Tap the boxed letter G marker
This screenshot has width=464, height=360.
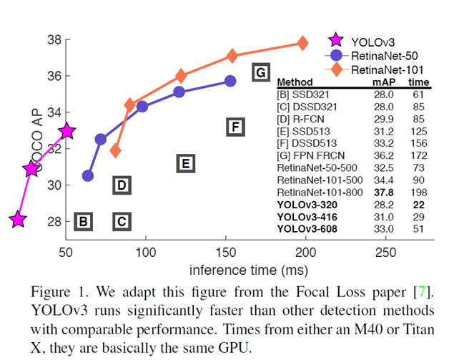(x=261, y=72)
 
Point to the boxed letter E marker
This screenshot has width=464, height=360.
(x=184, y=164)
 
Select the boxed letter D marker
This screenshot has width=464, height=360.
(x=122, y=186)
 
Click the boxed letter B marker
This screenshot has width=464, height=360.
(x=83, y=221)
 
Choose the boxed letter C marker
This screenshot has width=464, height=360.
(x=122, y=221)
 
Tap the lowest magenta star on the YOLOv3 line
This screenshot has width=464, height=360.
(x=18, y=220)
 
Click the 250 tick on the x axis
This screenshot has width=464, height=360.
(x=386, y=252)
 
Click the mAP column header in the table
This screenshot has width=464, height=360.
(x=383, y=82)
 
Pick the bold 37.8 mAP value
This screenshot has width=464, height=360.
(x=385, y=193)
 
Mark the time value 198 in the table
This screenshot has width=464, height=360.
(x=419, y=193)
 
